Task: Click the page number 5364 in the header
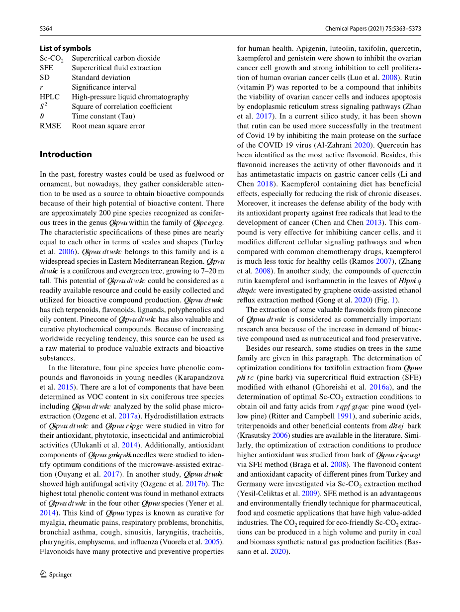point(46,29)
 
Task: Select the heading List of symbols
point(65,48)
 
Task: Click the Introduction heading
point(66,154)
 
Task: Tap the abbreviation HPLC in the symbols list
point(49,97)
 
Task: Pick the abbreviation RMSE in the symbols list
point(50,126)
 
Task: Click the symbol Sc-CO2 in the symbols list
point(51,59)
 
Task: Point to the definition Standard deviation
point(101,78)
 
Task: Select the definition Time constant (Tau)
point(101,116)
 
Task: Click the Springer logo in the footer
point(56,574)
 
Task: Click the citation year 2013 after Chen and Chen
point(373,222)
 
